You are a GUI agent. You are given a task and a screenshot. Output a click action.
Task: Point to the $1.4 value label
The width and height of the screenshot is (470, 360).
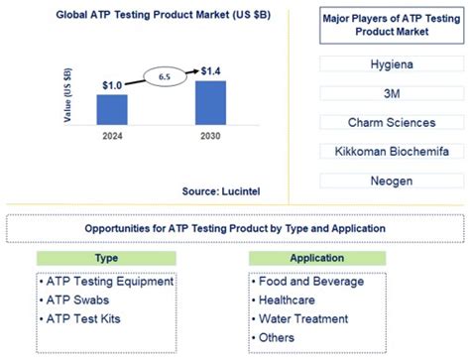[x=209, y=71]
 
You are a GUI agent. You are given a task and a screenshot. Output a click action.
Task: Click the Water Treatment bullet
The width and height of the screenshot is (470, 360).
[x=302, y=318]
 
